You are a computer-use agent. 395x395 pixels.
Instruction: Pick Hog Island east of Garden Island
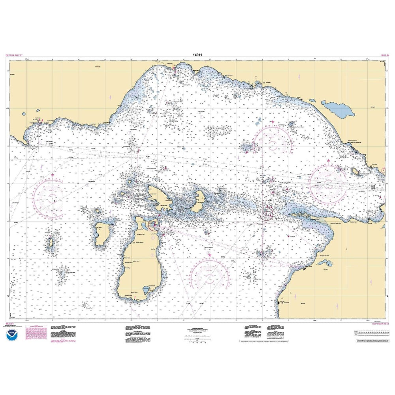coord(198,201)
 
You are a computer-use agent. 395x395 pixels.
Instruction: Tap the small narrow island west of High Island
coord(51,245)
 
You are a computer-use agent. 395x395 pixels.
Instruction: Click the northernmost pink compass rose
coord(273,141)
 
